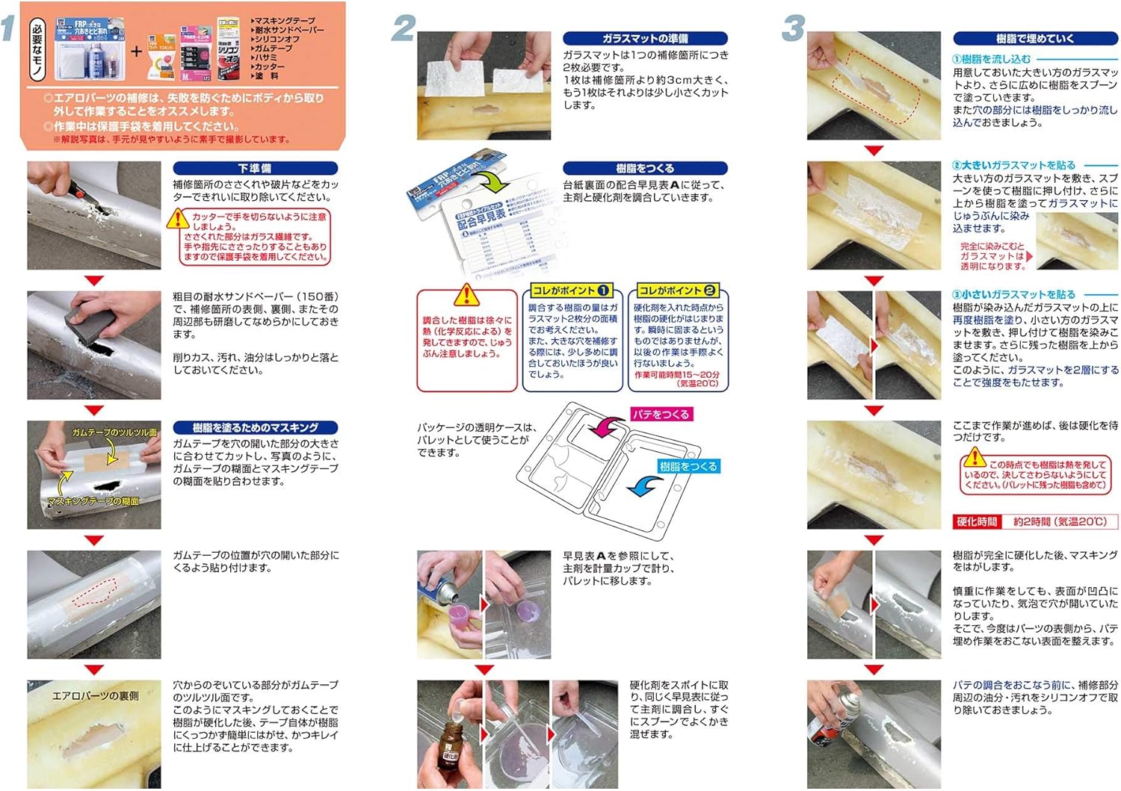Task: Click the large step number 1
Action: click(x=9, y=28)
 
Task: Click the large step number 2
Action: click(x=404, y=28)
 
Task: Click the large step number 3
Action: click(x=792, y=28)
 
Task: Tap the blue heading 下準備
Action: click(x=255, y=169)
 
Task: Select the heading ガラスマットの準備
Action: click(x=644, y=38)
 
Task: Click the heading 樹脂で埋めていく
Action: click(x=1034, y=38)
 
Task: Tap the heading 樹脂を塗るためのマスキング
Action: click(x=255, y=428)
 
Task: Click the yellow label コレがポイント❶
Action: click(x=572, y=291)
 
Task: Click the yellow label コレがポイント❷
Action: click(x=677, y=291)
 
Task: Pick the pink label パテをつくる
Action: click(x=661, y=414)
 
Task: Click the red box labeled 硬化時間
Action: click(x=977, y=521)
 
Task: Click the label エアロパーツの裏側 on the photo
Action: click(x=95, y=696)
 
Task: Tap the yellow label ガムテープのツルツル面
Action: click(x=114, y=432)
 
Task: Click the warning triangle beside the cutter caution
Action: click(x=178, y=218)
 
